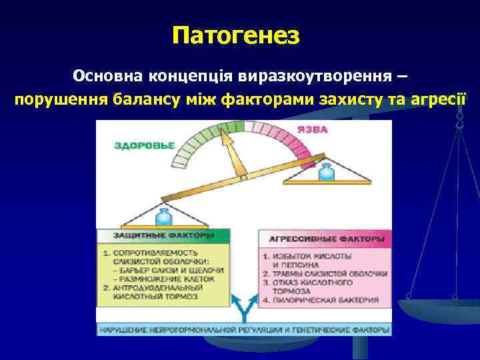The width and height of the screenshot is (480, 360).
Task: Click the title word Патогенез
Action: click(237, 35)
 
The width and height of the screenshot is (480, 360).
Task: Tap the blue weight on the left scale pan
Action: click(163, 217)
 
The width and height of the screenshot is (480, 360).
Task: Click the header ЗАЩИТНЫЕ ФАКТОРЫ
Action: click(163, 236)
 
